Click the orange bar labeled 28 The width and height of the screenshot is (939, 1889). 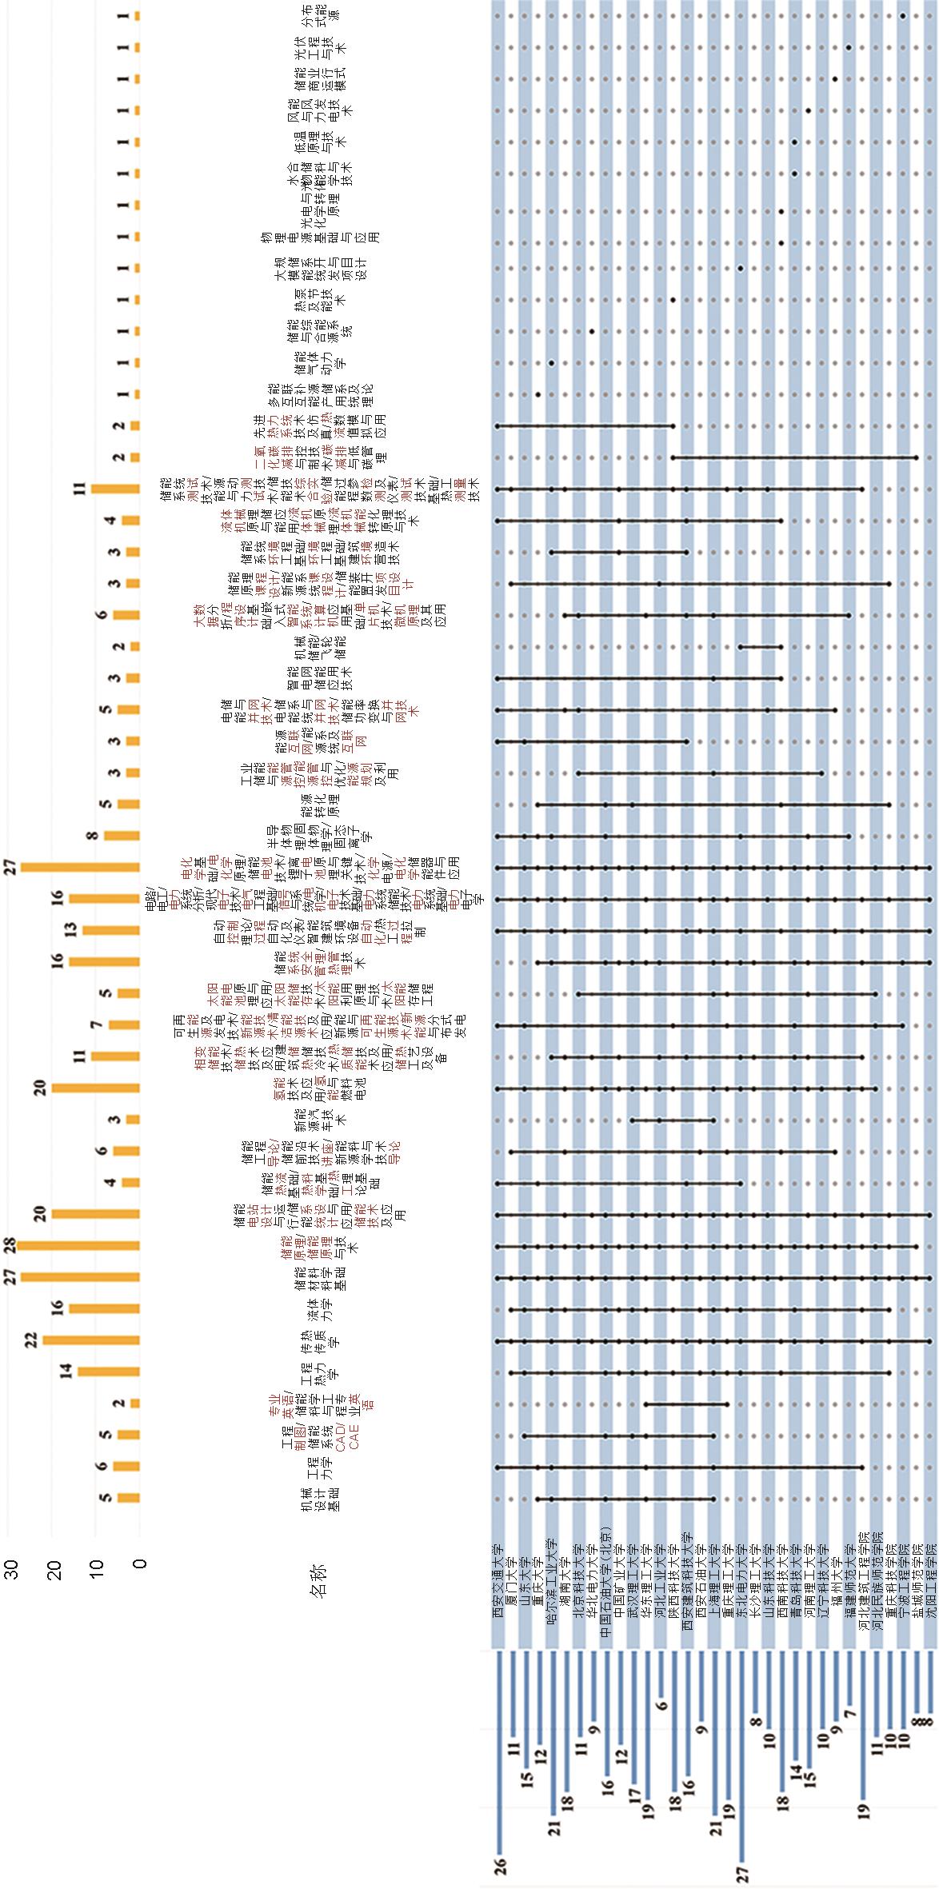(x=78, y=1245)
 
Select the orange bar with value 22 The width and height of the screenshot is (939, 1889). (x=90, y=1340)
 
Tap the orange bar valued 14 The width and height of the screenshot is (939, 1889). (x=108, y=1372)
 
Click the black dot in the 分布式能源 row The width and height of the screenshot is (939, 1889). (x=903, y=15)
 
